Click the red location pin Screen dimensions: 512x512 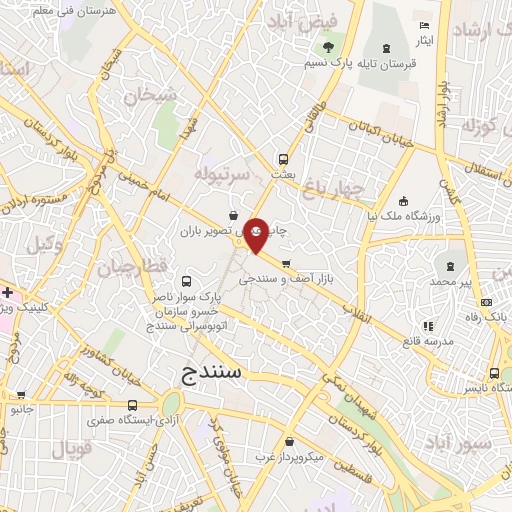pyautogui.click(x=256, y=232)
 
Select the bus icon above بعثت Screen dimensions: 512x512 pyautogui.click(x=284, y=158)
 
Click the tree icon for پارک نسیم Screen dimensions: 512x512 pyautogui.click(x=326, y=46)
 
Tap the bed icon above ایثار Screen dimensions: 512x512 pyautogui.click(x=425, y=25)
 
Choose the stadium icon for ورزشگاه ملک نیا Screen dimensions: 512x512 pyautogui.click(x=402, y=200)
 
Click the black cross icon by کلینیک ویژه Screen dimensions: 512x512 pyautogui.click(x=7, y=292)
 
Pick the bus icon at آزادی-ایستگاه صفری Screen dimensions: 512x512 pyautogui.click(x=134, y=405)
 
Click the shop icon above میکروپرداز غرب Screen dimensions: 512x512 pyautogui.click(x=289, y=442)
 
